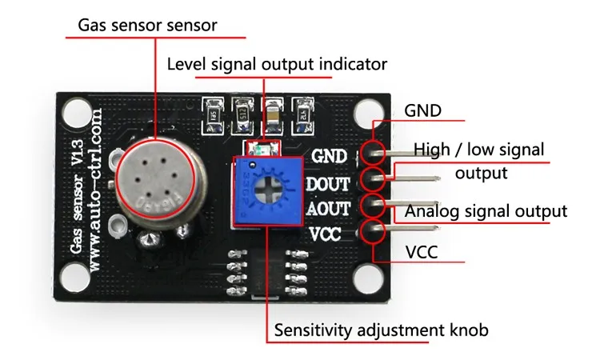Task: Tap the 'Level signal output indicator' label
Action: (277, 63)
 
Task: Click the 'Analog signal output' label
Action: (486, 211)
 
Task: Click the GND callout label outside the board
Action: (423, 110)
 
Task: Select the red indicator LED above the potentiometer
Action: (261, 149)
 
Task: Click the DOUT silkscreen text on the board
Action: (328, 184)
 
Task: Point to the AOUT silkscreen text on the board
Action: (328, 209)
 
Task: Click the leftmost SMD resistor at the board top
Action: (213, 112)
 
